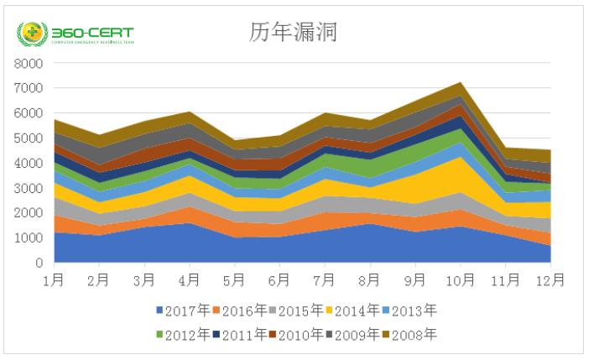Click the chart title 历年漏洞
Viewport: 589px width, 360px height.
point(293,32)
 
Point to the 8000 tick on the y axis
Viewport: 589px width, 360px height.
point(28,64)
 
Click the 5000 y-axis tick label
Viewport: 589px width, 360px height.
point(28,138)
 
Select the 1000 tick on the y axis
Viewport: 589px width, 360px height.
point(28,238)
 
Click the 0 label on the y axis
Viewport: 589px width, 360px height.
point(38,263)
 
